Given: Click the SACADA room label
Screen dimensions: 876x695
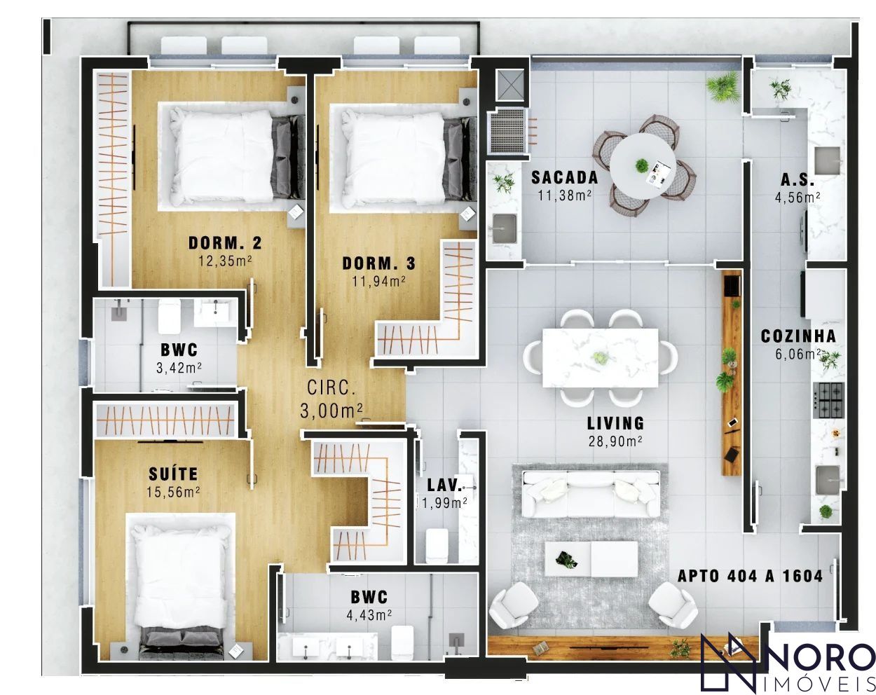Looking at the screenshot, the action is (565, 177).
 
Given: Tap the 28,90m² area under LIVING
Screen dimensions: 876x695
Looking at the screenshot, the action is (615, 441).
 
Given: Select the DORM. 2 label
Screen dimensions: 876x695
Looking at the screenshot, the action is (225, 243).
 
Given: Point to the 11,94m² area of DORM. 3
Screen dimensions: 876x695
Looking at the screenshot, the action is (378, 281).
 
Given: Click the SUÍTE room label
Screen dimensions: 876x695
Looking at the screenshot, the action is (173, 474).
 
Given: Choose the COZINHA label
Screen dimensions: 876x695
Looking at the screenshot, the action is (798, 336).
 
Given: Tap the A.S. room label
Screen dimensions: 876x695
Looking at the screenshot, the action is (798, 179).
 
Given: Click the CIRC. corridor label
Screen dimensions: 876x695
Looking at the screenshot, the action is (331, 387).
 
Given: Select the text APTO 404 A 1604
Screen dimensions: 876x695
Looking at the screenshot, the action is (750, 576).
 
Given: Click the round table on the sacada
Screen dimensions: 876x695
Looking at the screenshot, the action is (643, 166).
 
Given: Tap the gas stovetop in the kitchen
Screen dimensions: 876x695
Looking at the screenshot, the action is (828, 400).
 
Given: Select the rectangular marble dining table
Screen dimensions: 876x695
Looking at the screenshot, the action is (601, 358).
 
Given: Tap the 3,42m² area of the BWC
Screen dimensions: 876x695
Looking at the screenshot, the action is (179, 368).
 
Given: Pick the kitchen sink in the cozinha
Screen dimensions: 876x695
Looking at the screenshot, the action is (828, 481).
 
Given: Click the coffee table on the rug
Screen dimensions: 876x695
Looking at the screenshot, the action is (591, 558).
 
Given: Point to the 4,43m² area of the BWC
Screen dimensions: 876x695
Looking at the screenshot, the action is (369, 615).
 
